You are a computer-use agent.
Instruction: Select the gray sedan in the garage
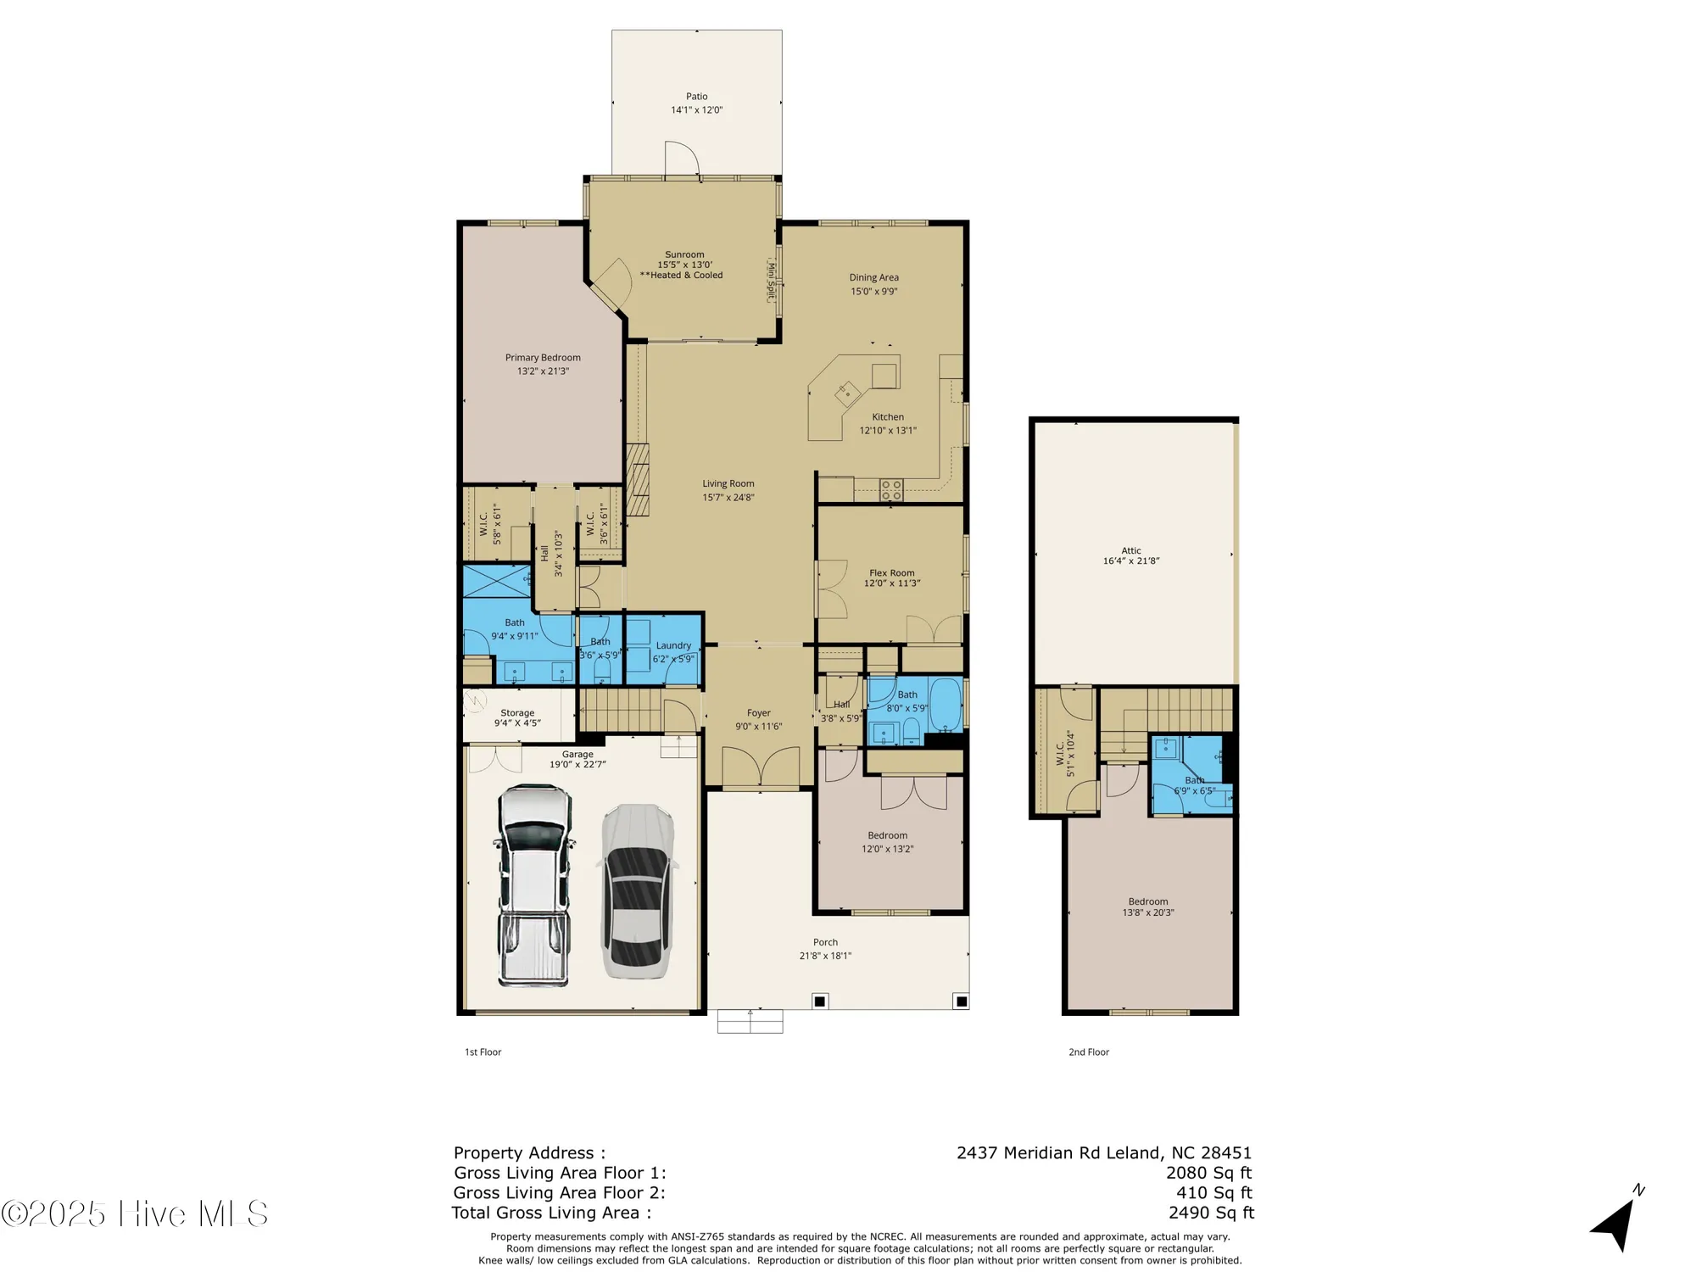pyautogui.click(x=637, y=890)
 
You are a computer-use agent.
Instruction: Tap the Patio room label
pyautogui.click(x=696, y=97)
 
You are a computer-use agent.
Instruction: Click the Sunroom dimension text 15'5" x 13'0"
pyautogui.click(x=684, y=265)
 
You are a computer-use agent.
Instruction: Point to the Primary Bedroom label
pyautogui.click(x=543, y=358)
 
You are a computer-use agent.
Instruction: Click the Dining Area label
pyautogui.click(x=873, y=277)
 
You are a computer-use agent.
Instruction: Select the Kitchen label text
pyautogui.click(x=888, y=417)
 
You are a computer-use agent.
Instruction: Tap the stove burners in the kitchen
pyautogui.click(x=891, y=489)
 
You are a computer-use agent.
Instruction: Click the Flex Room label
pyautogui.click(x=891, y=573)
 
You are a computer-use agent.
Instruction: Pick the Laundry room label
pyautogui.click(x=673, y=645)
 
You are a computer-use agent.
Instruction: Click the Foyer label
pyautogui.click(x=758, y=713)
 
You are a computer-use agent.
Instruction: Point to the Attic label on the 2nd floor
pyautogui.click(x=1131, y=550)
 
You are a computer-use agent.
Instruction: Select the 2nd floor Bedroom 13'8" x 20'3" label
pyautogui.click(x=1148, y=901)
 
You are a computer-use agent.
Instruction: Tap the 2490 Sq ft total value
pyautogui.click(x=1211, y=1213)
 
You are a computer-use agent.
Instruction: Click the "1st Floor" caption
pyautogui.click(x=483, y=1052)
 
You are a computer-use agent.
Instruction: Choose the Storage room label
pyautogui.click(x=517, y=713)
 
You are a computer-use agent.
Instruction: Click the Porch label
pyautogui.click(x=825, y=942)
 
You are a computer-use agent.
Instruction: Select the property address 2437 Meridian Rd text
pyautogui.click(x=1103, y=1152)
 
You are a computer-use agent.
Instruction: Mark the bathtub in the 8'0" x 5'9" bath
pyautogui.click(x=945, y=704)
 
